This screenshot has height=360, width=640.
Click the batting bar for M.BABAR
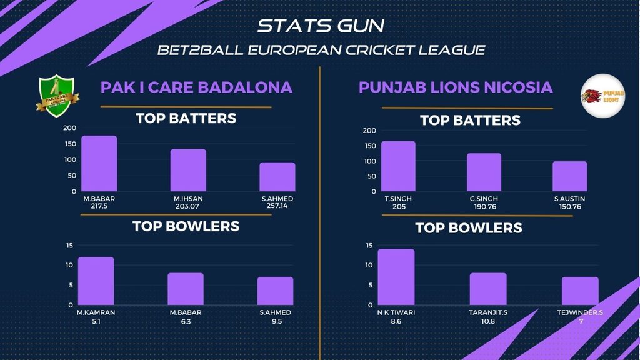(x=99, y=164)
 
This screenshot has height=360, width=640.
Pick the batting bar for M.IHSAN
(x=188, y=170)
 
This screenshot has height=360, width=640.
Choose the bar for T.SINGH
(x=398, y=166)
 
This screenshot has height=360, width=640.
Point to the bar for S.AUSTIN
(x=569, y=176)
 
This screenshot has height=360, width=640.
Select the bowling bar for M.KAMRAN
(x=96, y=281)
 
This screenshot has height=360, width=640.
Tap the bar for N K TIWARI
(x=396, y=277)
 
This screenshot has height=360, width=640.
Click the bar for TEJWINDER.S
(x=580, y=291)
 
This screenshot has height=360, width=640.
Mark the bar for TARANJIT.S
(x=488, y=289)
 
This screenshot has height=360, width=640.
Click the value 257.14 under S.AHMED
(x=277, y=207)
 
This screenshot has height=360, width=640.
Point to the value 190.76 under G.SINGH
(x=484, y=207)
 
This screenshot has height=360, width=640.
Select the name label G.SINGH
(x=484, y=199)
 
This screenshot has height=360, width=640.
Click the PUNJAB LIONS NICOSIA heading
(x=456, y=87)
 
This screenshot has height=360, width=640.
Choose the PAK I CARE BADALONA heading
(x=196, y=87)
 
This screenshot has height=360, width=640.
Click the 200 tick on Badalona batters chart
(x=69, y=128)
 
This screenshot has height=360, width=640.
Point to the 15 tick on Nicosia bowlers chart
(x=368, y=246)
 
